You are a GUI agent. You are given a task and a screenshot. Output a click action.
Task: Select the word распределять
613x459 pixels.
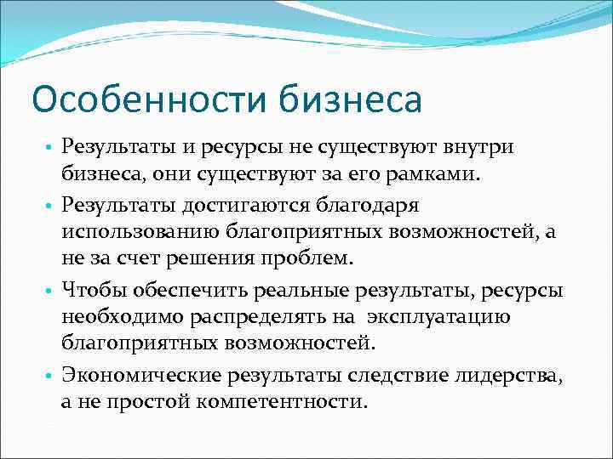point(259,317)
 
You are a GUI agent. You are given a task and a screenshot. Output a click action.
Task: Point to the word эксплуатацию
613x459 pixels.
point(438,317)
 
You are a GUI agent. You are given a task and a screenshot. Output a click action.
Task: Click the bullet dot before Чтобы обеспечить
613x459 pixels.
point(50,291)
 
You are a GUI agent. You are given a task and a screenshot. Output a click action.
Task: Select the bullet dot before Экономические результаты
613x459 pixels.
point(50,375)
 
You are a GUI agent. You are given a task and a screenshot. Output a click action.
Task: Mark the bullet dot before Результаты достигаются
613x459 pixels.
point(50,206)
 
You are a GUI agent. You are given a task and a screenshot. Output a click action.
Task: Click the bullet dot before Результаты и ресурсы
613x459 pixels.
point(50,149)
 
